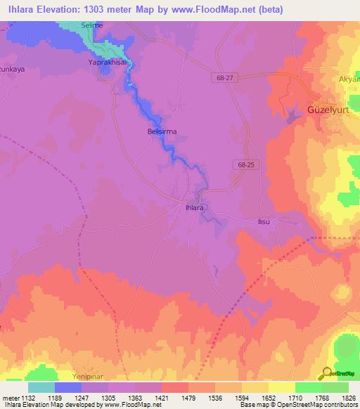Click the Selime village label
pos(92,25)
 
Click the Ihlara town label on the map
pos(194,208)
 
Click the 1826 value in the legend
pos(349,397)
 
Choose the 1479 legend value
pos(188,397)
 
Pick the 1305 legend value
pos(108,397)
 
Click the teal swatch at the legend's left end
pos(41,387)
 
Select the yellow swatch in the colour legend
pos(282,387)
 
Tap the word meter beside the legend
pos(11,397)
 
